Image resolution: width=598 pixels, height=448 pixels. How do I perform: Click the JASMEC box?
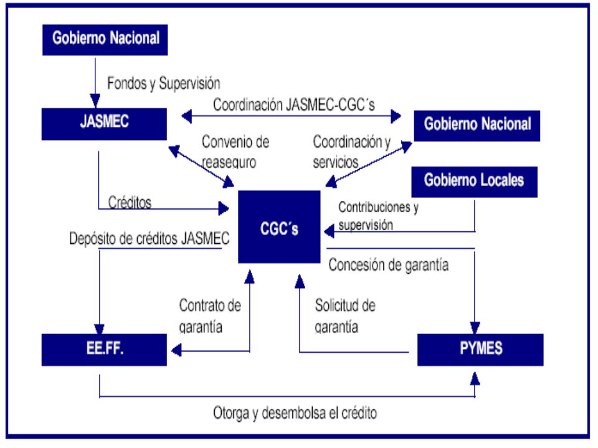(x=104, y=124)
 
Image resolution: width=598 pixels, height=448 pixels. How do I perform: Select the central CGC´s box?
(x=279, y=227)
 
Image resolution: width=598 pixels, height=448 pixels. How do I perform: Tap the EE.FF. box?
(x=104, y=350)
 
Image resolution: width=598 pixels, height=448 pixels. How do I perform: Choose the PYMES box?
(x=480, y=350)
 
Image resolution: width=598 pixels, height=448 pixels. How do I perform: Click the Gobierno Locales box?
(x=475, y=182)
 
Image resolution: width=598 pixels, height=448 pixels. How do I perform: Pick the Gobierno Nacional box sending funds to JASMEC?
(x=105, y=40)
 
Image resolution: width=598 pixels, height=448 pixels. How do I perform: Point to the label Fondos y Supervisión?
(x=164, y=83)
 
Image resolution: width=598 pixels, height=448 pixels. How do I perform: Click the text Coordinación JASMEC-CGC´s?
(x=293, y=105)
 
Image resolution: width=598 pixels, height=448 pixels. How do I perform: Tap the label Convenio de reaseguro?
(x=235, y=152)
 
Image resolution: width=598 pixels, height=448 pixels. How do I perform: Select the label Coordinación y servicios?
(x=351, y=152)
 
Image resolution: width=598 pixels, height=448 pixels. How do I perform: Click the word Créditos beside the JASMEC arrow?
(x=130, y=202)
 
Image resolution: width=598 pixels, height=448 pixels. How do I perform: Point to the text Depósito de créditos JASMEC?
(x=149, y=238)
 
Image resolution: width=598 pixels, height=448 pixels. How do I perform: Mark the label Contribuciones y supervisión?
(x=378, y=216)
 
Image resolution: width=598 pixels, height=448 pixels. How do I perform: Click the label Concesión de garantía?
(x=388, y=265)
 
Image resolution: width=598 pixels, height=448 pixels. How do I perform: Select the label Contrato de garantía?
(x=210, y=316)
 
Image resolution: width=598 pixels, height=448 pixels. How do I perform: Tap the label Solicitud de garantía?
(x=344, y=316)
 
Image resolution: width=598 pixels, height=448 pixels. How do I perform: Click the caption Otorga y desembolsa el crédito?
(x=295, y=413)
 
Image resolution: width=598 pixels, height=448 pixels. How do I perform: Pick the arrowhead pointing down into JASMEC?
(x=95, y=101)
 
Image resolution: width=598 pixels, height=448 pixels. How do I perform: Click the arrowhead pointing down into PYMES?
(x=475, y=328)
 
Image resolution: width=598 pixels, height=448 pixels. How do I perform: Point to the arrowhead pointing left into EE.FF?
(x=176, y=350)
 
